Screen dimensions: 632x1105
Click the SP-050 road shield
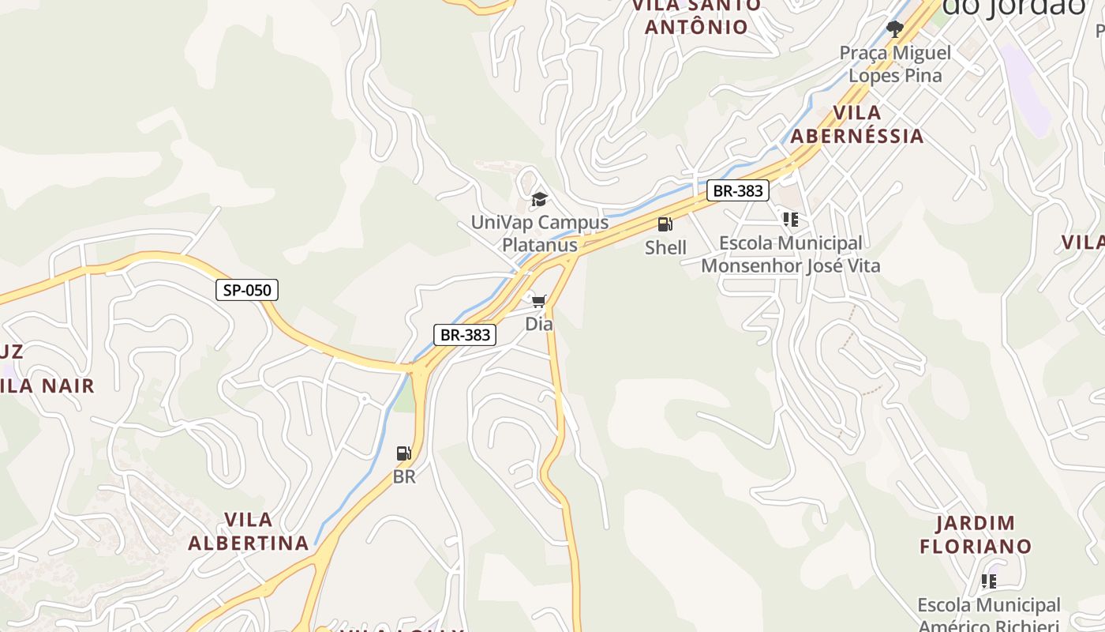pyautogui.click(x=247, y=290)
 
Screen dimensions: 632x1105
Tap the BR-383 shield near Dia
pyautogui.click(x=466, y=335)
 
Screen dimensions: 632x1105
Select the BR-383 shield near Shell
pyautogui.click(x=737, y=190)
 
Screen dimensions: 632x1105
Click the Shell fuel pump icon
pyautogui.click(x=665, y=224)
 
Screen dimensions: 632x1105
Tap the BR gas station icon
pyautogui.click(x=404, y=453)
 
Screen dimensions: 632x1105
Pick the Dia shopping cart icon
pyautogui.click(x=539, y=301)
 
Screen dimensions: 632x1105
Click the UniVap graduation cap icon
pyautogui.click(x=539, y=199)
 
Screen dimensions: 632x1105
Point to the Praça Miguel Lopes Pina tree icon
pyautogui.click(x=894, y=30)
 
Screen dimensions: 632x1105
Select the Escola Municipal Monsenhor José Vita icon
pyautogui.click(x=790, y=220)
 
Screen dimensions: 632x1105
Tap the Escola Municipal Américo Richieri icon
pyautogui.click(x=988, y=582)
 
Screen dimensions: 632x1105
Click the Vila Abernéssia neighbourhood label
pyautogui.click(x=857, y=124)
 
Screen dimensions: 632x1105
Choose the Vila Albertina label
pyautogui.click(x=249, y=532)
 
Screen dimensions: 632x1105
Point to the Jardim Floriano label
pyautogui.click(x=976, y=535)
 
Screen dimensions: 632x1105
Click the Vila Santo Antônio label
pyautogui.click(x=696, y=16)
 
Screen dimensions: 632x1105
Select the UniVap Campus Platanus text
pyautogui.click(x=540, y=233)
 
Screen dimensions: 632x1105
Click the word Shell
pyautogui.click(x=665, y=247)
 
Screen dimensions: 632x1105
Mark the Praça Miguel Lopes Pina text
pyautogui.click(x=895, y=64)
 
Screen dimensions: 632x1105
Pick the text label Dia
pyautogui.click(x=539, y=324)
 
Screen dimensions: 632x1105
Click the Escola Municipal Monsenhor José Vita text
pyautogui.click(x=790, y=254)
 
